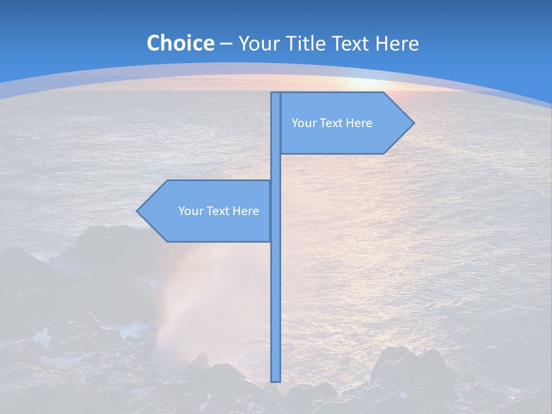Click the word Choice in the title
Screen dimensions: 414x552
180,43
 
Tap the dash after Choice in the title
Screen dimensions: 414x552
226,44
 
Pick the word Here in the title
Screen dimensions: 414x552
397,43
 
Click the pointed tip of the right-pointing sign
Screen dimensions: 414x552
413,122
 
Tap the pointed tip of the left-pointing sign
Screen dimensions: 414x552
137,211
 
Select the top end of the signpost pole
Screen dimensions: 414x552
276,94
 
